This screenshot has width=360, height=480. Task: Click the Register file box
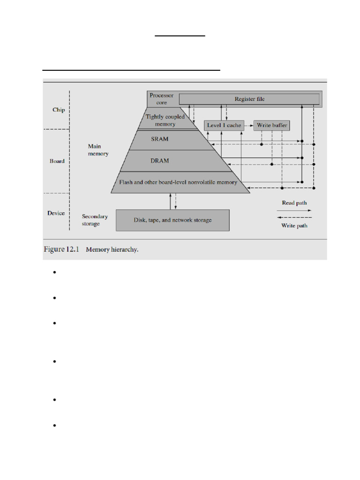[x=249, y=99]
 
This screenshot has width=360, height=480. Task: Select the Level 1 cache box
[x=224, y=125]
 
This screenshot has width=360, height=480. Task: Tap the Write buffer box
[x=272, y=125]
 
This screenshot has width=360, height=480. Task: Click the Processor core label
[x=161, y=98]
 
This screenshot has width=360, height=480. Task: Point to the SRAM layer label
[x=160, y=139]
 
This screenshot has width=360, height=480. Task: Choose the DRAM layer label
[x=160, y=160]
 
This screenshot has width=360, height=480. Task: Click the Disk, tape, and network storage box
[x=172, y=220]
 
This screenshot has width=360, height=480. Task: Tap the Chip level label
[x=59, y=110]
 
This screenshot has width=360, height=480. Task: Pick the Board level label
[x=57, y=161]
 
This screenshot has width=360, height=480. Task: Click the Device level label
[x=56, y=213]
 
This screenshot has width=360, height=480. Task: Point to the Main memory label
[x=98, y=150]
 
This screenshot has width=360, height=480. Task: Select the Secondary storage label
[x=95, y=220]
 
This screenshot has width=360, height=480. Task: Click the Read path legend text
[x=294, y=203]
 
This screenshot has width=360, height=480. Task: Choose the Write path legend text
[x=294, y=225]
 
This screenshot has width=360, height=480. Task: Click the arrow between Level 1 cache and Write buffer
[x=248, y=125]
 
